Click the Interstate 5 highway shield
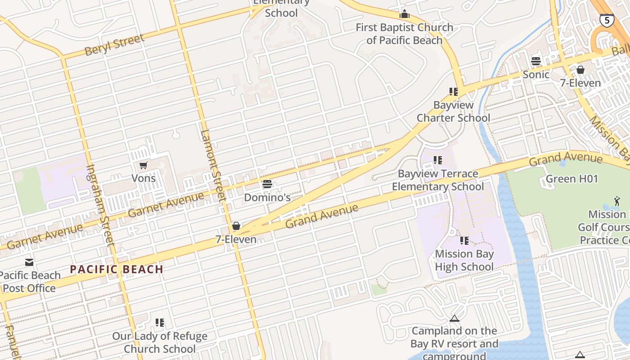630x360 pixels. click(x=607, y=20)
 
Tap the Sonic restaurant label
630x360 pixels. click(x=535, y=74)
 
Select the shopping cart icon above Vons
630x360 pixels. click(x=143, y=166)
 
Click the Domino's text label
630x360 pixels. click(x=267, y=197)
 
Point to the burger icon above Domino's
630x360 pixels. click(x=267, y=184)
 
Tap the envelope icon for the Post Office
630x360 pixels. click(x=29, y=262)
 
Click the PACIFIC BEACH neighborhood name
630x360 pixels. click(x=117, y=270)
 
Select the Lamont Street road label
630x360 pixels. click(x=212, y=165)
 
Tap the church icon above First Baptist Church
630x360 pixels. click(x=405, y=14)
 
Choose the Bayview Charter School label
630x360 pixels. click(x=453, y=111)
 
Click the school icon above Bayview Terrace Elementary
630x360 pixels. click(x=437, y=160)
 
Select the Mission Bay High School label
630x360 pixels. click(x=464, y=260)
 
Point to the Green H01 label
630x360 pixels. click(x=571, y=179)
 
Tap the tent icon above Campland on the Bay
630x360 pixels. click(x=454, y=319)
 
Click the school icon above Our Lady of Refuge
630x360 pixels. click(x=160, y=322)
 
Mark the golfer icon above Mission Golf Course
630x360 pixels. click(x=616, y=201)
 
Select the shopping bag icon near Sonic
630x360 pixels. click(x=580, y=70)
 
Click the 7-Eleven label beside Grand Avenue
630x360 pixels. click(x=236, y=239)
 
